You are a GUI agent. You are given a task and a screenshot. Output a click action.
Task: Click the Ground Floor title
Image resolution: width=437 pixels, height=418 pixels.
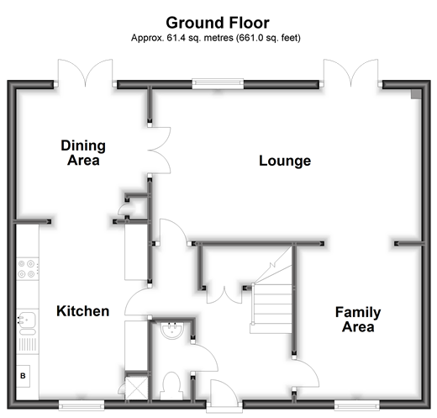[218, 23]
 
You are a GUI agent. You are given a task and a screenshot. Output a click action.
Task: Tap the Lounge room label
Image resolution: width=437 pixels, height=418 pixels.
[285, 161]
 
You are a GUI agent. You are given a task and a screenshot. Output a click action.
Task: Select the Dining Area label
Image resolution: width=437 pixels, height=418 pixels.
[83, 153]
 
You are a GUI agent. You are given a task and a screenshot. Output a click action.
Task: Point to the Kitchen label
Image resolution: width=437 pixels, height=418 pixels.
[82, 311]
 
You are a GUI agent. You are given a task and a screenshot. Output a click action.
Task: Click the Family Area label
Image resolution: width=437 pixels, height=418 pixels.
[358, 320]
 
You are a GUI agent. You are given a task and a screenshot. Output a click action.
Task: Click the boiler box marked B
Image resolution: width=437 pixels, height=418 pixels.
[23, 376]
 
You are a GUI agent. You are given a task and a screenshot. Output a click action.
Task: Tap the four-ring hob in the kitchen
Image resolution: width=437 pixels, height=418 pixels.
[27, 268]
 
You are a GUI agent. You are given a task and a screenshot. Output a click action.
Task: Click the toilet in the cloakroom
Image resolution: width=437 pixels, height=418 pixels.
[171, 386]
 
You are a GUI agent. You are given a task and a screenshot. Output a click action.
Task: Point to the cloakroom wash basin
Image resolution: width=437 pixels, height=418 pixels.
[172, 331]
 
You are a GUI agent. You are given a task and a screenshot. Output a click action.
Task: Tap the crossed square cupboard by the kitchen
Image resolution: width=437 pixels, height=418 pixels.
[136, 388]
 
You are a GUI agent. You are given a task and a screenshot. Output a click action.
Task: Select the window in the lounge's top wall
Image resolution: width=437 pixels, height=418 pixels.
[218, 83]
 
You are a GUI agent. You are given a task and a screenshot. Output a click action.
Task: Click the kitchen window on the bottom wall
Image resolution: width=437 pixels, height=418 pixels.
[82, 405]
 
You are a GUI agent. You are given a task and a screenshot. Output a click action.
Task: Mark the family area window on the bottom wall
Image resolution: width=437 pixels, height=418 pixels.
[357, 405]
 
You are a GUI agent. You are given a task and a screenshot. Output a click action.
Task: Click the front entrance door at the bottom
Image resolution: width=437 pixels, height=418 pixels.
[223, 395]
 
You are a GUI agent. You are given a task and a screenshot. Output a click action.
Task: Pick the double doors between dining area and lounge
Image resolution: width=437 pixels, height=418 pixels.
[159, 151]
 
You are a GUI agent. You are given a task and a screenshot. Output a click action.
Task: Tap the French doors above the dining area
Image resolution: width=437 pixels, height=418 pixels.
[85, 72]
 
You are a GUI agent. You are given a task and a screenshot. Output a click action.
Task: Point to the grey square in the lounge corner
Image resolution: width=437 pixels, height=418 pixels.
[416, 94]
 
